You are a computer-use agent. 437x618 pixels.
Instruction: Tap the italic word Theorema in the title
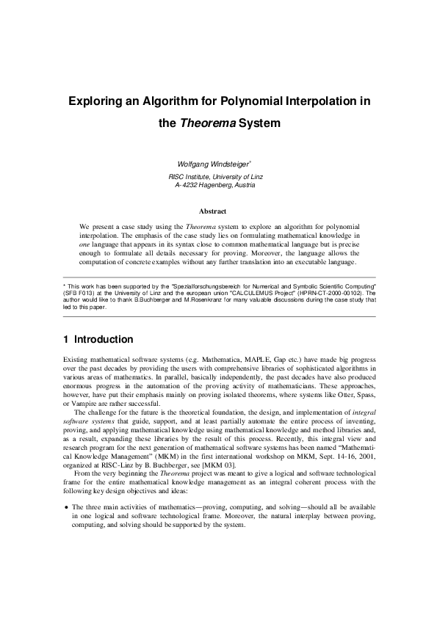pyautogui.click(x=208, y=123)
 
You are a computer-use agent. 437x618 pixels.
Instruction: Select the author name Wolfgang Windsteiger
pyautogui.click(x=214, y=163)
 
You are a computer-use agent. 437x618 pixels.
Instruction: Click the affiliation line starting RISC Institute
pyautogui.click(x=215, y=177)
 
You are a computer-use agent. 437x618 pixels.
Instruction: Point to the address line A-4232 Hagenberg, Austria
pyautogui.click(x=215, y=186)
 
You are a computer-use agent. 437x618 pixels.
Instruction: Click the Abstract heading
pyautogui.click(x=217, y=211)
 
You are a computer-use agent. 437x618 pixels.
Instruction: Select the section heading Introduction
pyautogui.click(x=103, y=340)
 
